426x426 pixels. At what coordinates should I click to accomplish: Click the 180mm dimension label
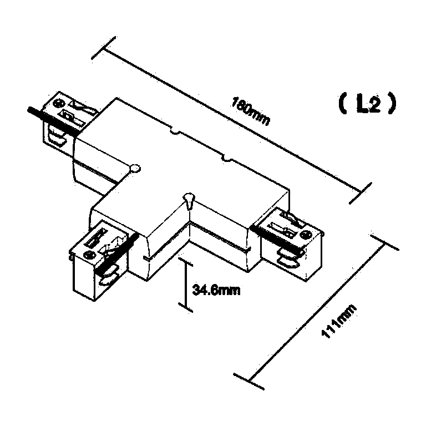[251, 111]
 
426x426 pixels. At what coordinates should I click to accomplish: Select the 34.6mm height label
[216, 290]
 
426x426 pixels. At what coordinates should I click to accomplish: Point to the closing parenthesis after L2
[392, 104]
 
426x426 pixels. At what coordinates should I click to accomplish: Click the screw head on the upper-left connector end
[59, 104]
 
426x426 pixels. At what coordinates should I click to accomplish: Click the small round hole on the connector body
[135, 169]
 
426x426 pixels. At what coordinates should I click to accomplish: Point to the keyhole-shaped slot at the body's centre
[189, 200]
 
